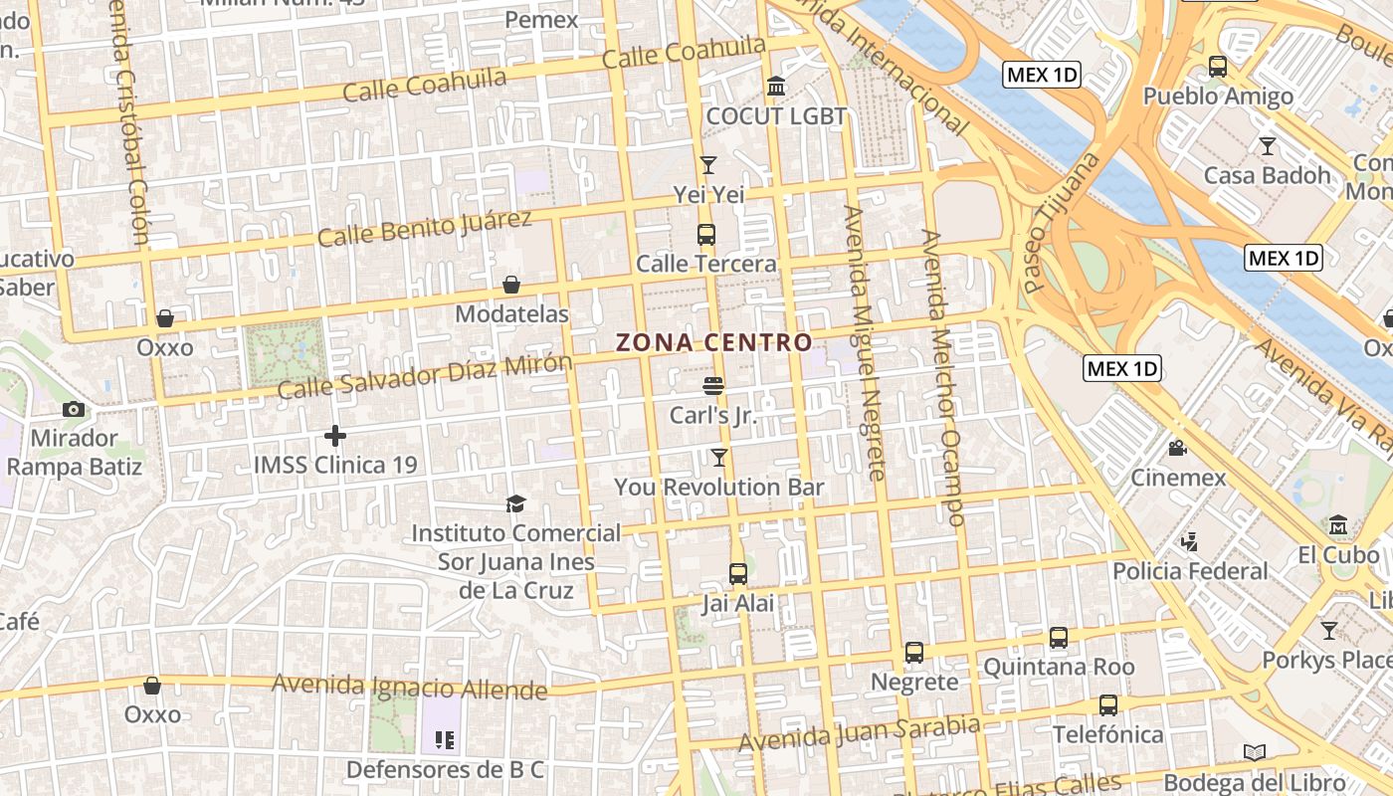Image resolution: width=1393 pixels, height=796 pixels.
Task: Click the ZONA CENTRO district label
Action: tap(714, 342)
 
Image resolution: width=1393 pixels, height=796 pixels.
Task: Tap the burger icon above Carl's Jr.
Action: tap(712, 385)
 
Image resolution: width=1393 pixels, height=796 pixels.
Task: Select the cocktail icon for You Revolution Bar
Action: tap(718, 458)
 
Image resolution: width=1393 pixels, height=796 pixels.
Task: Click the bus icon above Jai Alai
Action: tap(737, 573)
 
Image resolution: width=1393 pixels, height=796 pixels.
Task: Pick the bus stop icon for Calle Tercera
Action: tap(705, 235)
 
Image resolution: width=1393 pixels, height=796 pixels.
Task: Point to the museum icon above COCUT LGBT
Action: tap(776, 87)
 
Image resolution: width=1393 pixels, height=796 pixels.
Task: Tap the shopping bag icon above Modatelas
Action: tap(511, 286)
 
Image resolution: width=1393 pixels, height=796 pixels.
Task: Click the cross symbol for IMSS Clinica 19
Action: tap(335, 436)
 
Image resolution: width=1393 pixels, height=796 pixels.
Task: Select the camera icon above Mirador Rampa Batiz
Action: tap(73, 409)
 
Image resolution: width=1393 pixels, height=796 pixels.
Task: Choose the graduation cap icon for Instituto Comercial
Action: tap(515, 504)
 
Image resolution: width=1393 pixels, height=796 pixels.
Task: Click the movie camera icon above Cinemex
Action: tap(1178, 449)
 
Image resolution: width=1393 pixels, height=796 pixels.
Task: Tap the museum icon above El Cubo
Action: tap(1338, 524)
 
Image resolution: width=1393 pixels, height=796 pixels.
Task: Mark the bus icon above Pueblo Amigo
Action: tap(1217, 67)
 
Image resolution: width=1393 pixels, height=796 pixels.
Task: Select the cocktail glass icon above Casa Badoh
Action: tap(1267, 146)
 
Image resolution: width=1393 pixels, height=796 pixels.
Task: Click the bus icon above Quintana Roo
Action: tap(1058, 637)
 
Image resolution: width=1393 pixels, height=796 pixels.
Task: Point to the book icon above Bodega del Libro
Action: tap(1254, 753)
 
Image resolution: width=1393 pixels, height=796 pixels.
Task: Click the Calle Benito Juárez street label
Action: tap(425, 228)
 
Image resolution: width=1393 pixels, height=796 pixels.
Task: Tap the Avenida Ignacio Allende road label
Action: tap(409, 687)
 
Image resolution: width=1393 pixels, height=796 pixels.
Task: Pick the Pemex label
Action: tap(541, 20)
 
